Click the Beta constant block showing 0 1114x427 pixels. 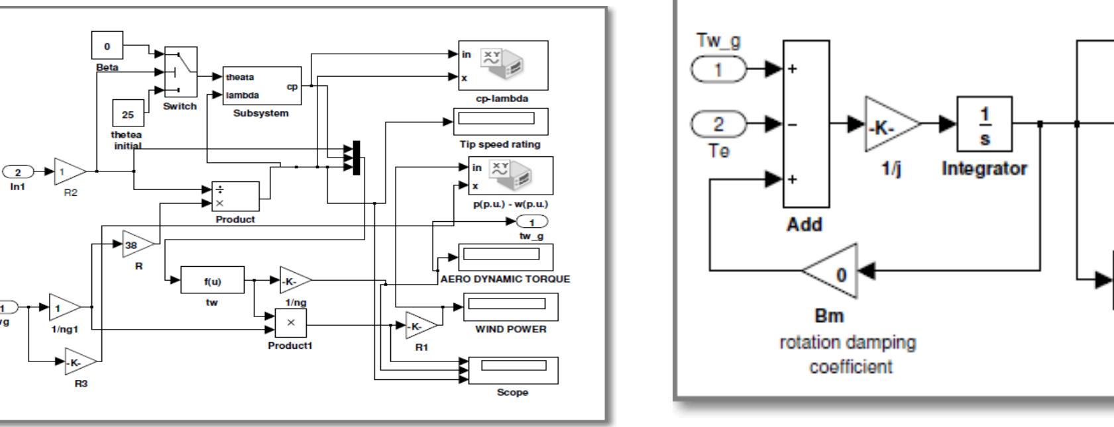107,46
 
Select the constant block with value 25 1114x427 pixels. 128,115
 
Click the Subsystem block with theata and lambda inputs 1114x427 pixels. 262,86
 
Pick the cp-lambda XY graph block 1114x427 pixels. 503,65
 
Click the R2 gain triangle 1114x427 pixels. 68,172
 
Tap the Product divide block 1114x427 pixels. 235,197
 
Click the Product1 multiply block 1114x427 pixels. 291,323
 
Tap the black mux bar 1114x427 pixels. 357,158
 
